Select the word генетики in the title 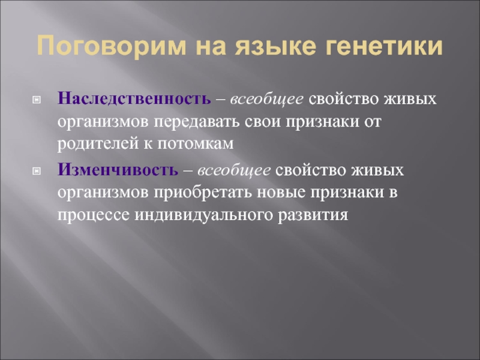pos(385,47)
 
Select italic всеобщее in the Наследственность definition pos(270,98)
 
